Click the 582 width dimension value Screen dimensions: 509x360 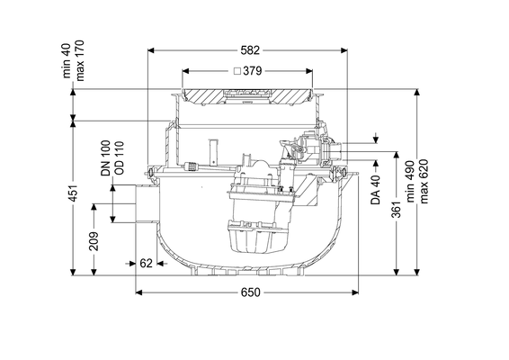(250, 50)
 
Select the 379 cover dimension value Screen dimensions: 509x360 (252, 71)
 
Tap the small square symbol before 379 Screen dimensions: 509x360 (237, 71)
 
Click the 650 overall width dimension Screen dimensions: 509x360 (251, 292)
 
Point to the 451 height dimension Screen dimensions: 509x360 (74, 193)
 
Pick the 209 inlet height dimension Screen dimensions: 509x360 (94, 241)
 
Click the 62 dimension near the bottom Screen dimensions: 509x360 (146, 263)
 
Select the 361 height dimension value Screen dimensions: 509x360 (397, 209)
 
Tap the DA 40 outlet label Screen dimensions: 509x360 (376, 190)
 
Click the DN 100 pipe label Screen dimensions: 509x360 (106, 158)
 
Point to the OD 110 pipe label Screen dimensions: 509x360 (120, 157)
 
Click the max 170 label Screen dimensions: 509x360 (79, 60)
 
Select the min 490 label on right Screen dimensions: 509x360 (411, 181)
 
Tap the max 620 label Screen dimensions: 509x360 (424, 181)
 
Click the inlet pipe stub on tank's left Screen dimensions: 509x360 (147, 203)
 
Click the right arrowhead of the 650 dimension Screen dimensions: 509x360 (354, 292)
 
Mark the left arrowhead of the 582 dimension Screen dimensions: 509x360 (151, 50)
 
